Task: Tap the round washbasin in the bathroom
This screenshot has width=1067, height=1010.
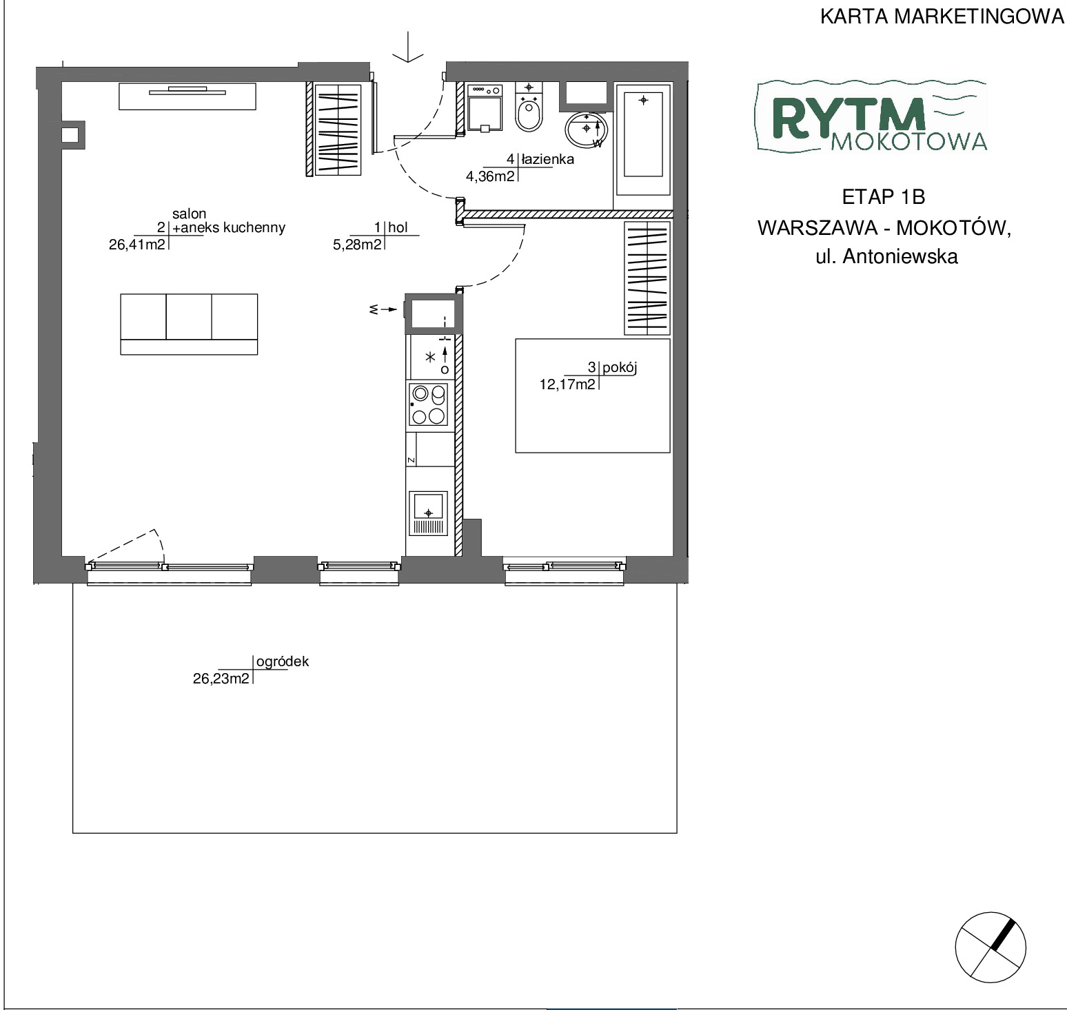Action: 587,129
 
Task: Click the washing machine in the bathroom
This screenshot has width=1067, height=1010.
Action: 485,107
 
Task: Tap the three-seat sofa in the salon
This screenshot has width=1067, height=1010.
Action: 189,324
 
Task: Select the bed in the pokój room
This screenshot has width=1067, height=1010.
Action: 593,395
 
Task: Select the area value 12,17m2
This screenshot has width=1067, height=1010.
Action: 567,384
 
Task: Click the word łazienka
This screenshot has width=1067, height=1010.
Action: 547,159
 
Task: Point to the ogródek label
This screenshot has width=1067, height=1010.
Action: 283,662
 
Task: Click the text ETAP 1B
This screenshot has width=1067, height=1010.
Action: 884,197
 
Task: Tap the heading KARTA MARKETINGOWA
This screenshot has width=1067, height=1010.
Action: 942,17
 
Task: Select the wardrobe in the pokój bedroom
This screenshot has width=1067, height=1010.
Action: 647,278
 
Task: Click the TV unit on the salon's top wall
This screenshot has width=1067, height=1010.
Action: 187,96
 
